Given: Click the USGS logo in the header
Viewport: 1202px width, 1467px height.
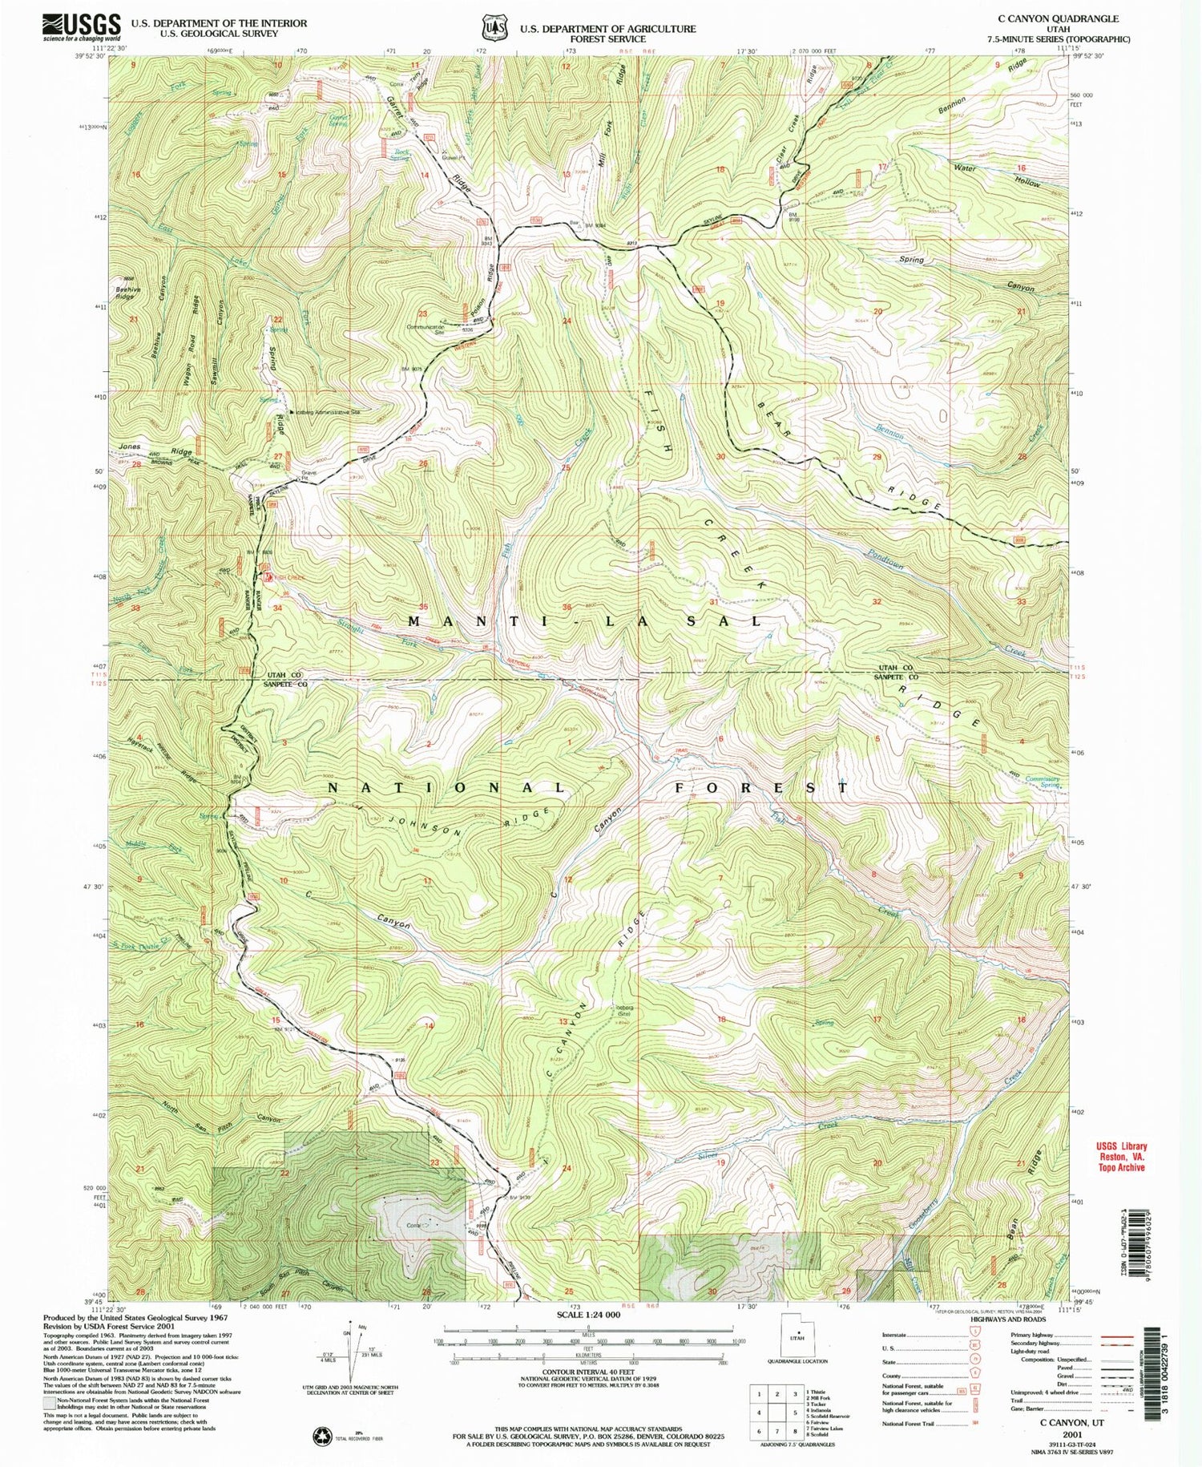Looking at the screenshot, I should pos(83,26).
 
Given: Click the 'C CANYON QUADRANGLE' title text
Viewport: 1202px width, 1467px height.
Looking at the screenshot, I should pos(1058,18).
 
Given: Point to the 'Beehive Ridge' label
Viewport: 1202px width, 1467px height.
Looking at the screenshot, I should pos(123,293).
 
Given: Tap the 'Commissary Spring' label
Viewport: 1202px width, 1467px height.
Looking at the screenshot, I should pos(1043,782).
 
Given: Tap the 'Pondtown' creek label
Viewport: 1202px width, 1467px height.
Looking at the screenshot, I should pos(885,558).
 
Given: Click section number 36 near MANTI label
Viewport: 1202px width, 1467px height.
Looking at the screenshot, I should pos(567,607).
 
